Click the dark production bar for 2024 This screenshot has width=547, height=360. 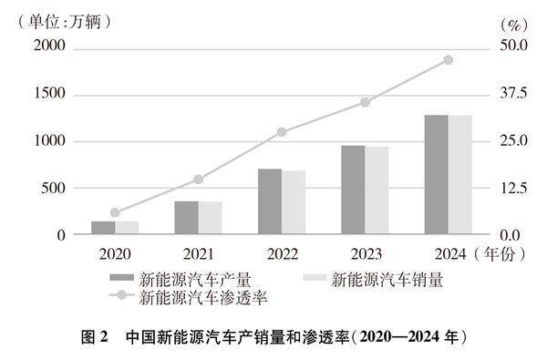pos(436,175)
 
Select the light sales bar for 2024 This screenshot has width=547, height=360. pos(459,175)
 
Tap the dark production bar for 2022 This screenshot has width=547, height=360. pos(269,201)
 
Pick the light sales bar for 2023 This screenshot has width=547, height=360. pos(377,190)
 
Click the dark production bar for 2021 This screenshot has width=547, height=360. pos(186,218)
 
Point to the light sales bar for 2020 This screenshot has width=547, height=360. pos(127,228)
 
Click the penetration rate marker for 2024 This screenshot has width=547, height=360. pos(448,60)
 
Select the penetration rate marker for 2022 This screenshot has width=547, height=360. pos(282,132)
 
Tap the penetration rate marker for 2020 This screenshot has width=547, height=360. pos(115,212)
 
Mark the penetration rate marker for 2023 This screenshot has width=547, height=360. pos(365,102)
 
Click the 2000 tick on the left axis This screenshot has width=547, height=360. pos(52,47)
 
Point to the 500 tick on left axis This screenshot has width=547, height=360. pos(56,188)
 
